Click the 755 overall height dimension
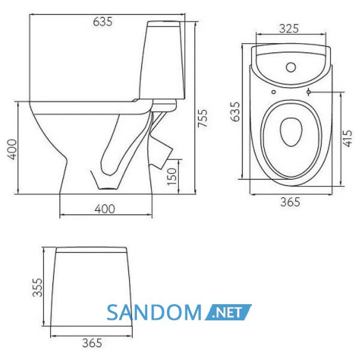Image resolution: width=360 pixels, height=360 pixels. click(x=203, y=118)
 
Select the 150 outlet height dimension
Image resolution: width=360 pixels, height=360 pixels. click(x=172, y=176)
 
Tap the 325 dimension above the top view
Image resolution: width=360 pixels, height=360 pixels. click(x=289, y=28)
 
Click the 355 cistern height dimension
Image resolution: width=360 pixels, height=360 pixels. click(x=37, y=287)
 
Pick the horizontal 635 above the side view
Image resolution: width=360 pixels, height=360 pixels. click(x=103, y=22)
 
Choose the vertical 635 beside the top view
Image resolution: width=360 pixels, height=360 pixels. click(x=235, y=112)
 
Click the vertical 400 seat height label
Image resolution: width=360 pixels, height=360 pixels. click(x=12, y=149)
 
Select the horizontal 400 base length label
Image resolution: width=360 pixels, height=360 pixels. click(x=104, y=209)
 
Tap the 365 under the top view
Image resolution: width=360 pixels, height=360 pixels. click(x=290, y=202)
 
